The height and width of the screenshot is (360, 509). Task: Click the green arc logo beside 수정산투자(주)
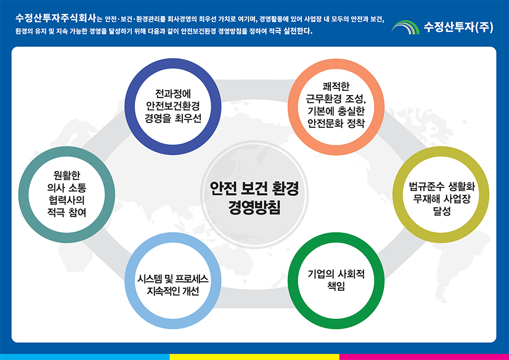click(x=406, y=27)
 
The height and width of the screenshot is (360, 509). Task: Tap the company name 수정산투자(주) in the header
click(x=458, y=27)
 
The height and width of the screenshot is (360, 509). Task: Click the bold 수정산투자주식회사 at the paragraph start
click(x=56, y=19)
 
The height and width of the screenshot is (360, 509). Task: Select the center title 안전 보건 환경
click(x=254, y=189)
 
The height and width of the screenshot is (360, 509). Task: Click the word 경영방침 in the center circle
click(x=254, y=207)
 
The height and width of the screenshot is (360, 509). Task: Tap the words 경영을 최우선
click(x=172, y=118)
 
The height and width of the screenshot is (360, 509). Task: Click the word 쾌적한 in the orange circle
click(x=336, y=87)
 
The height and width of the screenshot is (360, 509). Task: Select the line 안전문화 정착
click(x=336, y=124)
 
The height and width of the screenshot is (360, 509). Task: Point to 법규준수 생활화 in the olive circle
click(x=441, y=188)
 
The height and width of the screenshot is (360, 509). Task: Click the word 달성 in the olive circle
click(x=441, y=211)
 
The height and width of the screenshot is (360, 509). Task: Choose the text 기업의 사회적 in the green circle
click(x=336, y=275)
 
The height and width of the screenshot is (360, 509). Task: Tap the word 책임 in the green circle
click(x=336, y=287)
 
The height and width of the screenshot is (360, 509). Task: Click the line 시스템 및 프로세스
click(x=172, y=279)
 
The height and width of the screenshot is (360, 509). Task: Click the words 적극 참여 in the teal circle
click(x=66, y=212)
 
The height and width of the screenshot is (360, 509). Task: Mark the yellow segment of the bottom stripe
click(x=254, y=357)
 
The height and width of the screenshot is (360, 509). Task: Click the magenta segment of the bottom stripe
click(x=424, y=357)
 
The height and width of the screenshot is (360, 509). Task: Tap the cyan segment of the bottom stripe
click(x=85, y=357)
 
